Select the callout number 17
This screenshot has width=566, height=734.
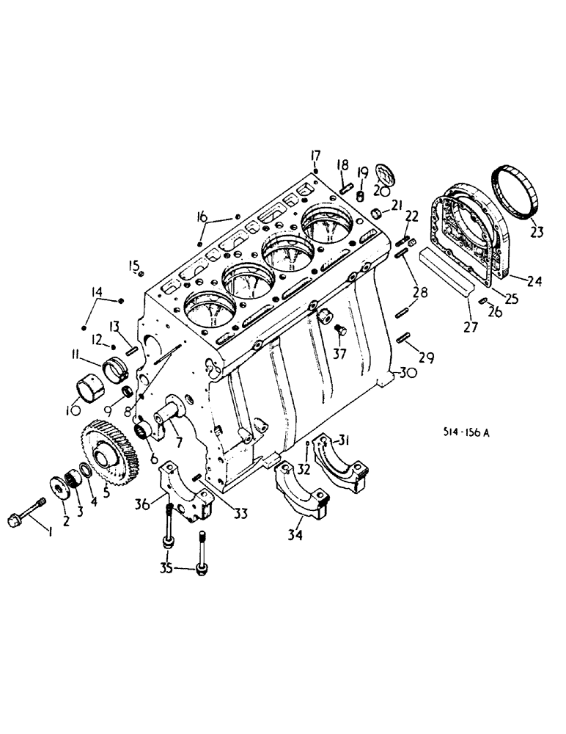point(315,155)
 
